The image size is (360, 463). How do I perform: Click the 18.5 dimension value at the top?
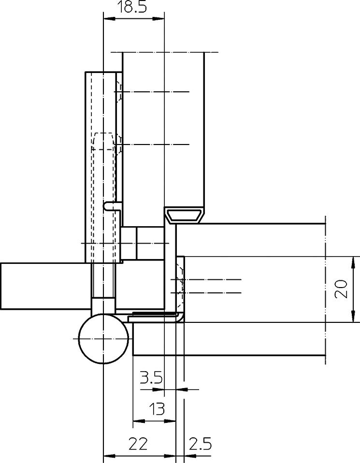pos(132,7)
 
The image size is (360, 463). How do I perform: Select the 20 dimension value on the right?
pos(341,289)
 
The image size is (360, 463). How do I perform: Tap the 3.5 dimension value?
pos(151,377)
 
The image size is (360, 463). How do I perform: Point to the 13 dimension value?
pos(157,409)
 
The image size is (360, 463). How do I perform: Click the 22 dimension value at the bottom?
pos(138,444)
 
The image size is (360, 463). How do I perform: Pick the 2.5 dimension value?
pos(200,444)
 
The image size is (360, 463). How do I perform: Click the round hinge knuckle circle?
pos(103,339)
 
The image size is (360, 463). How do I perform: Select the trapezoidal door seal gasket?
pos(185,215)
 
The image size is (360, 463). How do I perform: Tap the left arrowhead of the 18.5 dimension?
pos(109,18)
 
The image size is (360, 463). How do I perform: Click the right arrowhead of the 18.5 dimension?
pos(158,18)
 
